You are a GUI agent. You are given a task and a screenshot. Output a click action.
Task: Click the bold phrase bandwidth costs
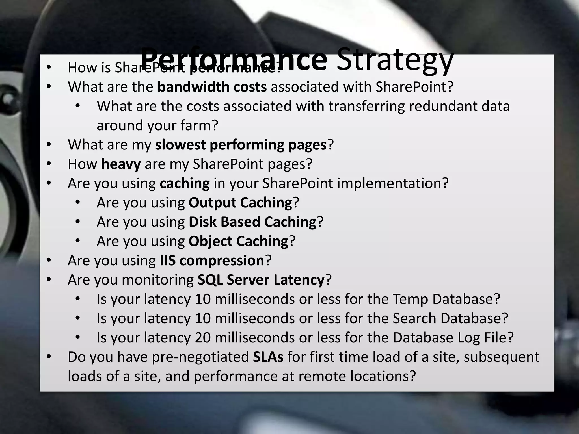pos(212,87)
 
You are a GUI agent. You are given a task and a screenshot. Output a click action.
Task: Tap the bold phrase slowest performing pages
pos(241,145)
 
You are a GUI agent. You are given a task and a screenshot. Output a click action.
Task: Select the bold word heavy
pos(121,164)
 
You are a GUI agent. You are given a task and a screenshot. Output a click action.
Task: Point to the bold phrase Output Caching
pos(240,203)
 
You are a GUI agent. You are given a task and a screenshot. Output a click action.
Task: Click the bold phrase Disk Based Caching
pos(252,222)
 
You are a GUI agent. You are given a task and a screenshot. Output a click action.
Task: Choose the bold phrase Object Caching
pos(238,241)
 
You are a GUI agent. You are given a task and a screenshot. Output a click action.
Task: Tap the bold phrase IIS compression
pos(212,261)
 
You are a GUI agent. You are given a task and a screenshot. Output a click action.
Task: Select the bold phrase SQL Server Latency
pos(261,280)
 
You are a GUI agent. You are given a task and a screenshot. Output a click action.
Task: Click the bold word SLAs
pos(268,357)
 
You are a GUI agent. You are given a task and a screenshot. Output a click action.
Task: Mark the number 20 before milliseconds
pos(203,338)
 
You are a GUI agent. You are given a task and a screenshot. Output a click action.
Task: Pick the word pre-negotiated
pos(200,357)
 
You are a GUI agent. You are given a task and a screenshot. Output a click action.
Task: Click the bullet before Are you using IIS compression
pos(49,260)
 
